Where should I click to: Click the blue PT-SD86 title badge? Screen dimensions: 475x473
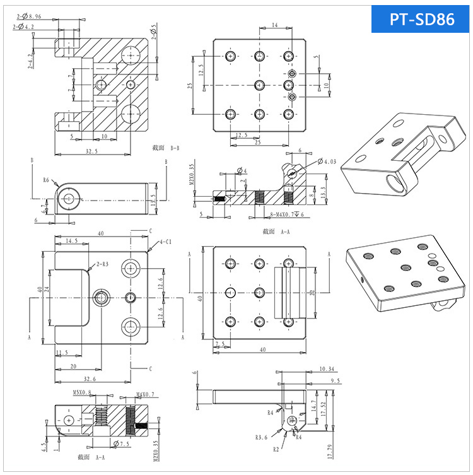pos(421,19)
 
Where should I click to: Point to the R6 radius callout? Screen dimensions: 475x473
pos(46,180)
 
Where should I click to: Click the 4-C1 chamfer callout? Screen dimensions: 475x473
pos(168,242)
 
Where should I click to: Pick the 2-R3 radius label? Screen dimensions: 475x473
pos(98,264)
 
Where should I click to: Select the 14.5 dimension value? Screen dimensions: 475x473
pos(71,241)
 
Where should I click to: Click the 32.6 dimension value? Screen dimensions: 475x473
pos(91,379)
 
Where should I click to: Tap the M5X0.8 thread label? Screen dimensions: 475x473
pos(81,392)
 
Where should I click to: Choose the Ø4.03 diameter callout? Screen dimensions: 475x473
pos(327,162)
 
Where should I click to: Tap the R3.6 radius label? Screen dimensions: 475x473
pos(262,437)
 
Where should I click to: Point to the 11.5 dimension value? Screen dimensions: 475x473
pos(62,352)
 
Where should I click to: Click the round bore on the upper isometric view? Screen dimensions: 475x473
pos(393,182)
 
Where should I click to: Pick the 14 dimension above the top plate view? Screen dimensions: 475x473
pos(275,25)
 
